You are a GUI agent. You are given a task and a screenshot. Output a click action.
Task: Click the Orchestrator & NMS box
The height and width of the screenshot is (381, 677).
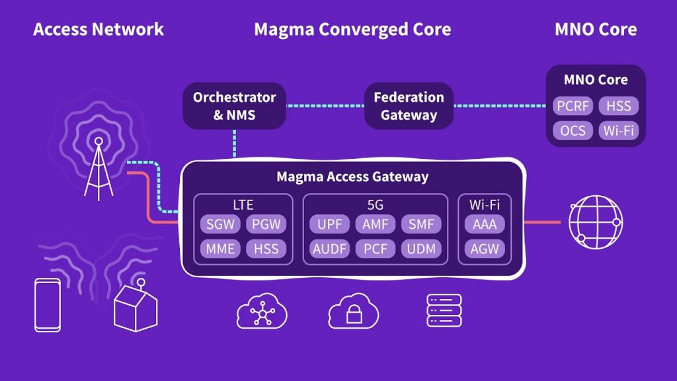234,106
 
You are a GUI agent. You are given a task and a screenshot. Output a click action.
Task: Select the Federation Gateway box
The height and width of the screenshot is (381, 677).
409,106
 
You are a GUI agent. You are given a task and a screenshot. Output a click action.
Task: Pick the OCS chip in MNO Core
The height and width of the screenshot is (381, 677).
573,130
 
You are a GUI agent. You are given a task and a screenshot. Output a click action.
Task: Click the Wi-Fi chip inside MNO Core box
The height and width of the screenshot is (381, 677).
619,130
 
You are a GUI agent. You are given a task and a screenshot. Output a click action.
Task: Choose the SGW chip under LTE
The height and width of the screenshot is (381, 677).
220,224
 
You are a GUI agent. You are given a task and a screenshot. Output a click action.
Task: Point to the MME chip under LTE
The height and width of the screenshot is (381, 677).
220,249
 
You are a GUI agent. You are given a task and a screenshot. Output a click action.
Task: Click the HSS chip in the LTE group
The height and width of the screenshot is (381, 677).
267,249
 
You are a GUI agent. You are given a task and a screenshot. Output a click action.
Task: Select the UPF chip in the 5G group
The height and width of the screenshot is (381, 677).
329,224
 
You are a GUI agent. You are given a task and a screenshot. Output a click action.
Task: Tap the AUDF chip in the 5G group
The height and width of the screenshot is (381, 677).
329,249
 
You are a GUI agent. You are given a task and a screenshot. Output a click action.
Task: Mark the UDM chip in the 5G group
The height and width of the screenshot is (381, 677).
421,249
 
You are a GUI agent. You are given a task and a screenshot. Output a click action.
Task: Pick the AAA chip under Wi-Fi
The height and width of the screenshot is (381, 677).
485,224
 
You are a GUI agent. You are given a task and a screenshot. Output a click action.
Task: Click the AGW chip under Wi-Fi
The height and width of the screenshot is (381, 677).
485,249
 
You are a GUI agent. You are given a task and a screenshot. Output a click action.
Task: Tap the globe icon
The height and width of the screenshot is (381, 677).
596,222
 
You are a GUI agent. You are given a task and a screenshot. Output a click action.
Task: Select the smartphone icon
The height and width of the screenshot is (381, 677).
48,304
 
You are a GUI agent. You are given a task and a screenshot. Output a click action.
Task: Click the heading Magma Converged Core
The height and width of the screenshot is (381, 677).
352,30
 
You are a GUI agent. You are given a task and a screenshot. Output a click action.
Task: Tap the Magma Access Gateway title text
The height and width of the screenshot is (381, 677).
352,177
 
